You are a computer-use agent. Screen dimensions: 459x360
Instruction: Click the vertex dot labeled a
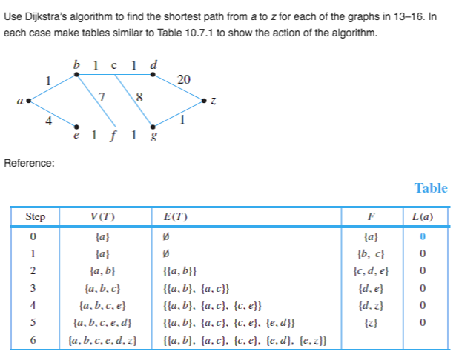click(x=28, y=101)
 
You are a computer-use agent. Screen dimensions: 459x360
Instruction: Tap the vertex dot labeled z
click(x=204, y=101)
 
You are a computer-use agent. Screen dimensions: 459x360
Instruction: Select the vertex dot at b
click(x=76, y=75)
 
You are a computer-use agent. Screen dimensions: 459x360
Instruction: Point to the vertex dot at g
click(x=153, y=127)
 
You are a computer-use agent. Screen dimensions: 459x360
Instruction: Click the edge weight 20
click(x=184, y=79)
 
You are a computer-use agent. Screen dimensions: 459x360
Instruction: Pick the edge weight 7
click(x=102, y=97)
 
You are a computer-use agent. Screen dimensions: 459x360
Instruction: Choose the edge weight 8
click(x=139, y=97)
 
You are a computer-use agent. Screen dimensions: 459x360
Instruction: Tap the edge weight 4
click(x=49, y=121)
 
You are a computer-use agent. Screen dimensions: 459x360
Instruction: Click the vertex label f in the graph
click(x=113, y=136)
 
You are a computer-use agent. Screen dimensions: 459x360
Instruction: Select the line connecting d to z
click(x=179, y=87)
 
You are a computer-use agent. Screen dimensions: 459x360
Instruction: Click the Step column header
click(x=35, y=217)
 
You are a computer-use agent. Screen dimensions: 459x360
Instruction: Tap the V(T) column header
click(x=102, y=217)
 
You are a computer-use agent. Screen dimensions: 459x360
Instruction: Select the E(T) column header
click(x=175, y=217)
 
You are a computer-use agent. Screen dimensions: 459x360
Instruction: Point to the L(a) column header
click(x=423, y=217)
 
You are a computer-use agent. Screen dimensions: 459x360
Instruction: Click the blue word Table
click(x=431, y=188)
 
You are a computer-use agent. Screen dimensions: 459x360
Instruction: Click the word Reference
click(x=29, y=163)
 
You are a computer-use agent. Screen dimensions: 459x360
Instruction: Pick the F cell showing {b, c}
click(x=371, y=253)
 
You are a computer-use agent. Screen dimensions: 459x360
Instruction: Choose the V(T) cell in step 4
click(x=102, y=306)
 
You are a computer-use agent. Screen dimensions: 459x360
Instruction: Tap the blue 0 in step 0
click(x=423, y=236)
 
